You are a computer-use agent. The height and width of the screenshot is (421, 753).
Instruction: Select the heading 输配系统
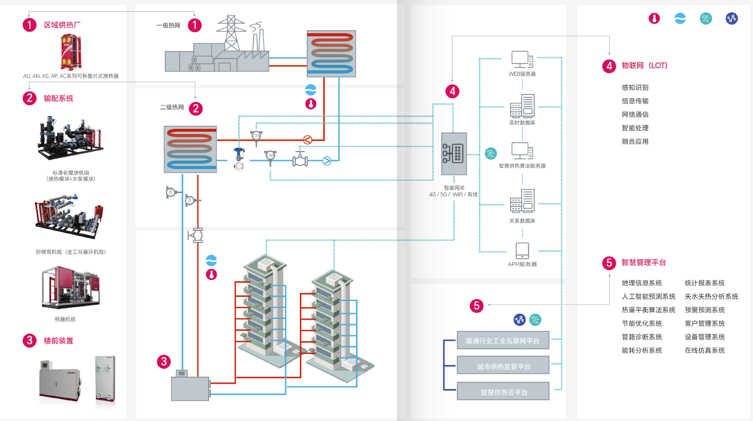(x=59, y=98)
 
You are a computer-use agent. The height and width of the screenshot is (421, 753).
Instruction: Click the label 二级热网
(x=172, y=107)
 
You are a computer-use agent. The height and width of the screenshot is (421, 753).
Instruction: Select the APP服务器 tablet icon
(x=522, y=251)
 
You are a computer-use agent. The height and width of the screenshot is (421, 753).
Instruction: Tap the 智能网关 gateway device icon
(x=454, y=154)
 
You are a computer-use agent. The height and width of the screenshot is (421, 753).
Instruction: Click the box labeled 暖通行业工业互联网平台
(x=503, y=341)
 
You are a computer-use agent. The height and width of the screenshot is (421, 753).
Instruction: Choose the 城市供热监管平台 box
(x=503, y=366)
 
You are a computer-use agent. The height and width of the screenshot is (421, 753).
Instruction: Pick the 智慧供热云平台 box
(x=503, y=392)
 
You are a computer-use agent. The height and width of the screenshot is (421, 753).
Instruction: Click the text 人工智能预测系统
(x=649, y=296)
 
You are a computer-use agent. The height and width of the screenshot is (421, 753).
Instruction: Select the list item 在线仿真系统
(x=705, y=350)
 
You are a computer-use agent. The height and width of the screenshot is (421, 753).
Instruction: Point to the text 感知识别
(x=635, y=87)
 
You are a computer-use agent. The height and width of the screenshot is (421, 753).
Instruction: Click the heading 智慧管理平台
(x=644, y=262)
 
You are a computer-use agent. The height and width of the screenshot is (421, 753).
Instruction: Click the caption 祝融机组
(x=65, y=319)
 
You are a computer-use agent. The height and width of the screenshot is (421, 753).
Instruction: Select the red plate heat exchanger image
(x=70, y=52)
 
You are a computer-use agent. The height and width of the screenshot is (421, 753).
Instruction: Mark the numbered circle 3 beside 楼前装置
(x=30, y=341)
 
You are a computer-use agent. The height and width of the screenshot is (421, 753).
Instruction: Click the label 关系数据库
(x=522, y=221)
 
